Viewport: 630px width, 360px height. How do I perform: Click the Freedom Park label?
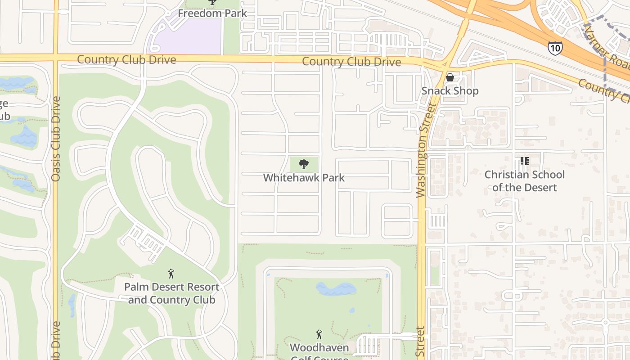point(212,13)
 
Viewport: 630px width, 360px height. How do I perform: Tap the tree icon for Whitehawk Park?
point(304,164)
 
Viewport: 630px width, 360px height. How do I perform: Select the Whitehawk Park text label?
point(304,178)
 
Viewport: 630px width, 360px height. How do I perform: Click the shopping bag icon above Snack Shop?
point(450,77)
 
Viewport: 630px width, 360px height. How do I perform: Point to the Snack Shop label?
point(450,91)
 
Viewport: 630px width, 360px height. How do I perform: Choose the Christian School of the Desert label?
point(524,181)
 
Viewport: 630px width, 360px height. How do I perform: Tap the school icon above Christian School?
point(524,161)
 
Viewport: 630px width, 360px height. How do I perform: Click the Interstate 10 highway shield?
point(555,47)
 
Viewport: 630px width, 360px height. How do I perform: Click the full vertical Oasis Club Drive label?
point(56,139)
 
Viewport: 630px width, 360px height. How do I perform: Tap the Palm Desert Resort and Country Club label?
point(171,293)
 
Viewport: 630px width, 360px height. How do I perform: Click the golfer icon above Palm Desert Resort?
point(171,274)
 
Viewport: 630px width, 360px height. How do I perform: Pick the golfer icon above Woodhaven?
point(319,334)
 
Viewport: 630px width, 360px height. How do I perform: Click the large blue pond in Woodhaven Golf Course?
point(336,289)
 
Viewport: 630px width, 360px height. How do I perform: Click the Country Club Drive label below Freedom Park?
point(126,60)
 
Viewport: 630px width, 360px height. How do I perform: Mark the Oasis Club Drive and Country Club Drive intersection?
point(56,58)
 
